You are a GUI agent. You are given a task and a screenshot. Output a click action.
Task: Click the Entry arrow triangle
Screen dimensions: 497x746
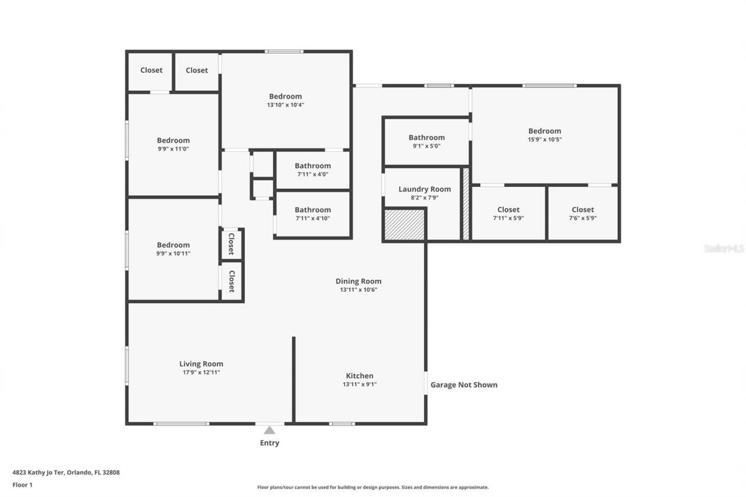269,430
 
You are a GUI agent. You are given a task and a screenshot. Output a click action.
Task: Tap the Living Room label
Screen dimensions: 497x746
201,364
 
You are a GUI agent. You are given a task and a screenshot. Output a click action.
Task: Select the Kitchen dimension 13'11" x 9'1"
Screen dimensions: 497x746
360,385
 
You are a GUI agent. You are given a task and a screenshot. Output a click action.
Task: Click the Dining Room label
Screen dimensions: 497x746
358,281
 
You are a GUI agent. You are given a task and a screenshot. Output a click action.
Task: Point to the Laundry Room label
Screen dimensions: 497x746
424,189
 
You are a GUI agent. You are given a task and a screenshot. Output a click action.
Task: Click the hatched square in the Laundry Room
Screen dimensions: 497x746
404,224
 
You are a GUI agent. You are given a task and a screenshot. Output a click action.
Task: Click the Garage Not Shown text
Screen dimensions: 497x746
464,385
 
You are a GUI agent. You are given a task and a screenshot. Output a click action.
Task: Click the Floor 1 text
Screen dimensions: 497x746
22,484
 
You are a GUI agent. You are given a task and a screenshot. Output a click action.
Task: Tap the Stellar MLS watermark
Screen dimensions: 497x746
724,248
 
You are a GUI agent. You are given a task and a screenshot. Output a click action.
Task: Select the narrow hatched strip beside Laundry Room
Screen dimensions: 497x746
466,204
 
